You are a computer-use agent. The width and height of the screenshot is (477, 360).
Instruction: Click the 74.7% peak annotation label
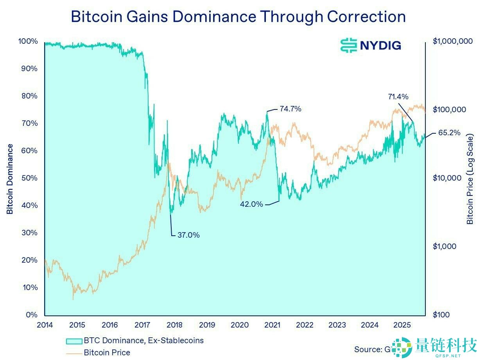(x=290, y=109)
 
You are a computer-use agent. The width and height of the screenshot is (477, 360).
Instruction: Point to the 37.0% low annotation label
(x=188, y=235)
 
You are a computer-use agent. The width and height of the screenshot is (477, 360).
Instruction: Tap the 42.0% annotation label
(x=251, y=204)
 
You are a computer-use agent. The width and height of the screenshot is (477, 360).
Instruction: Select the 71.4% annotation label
(x=398, y=97)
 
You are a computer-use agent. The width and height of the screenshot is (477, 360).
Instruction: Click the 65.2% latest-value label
(x=449, y=133)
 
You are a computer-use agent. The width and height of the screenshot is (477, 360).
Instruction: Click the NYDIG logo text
(x=380, y=45)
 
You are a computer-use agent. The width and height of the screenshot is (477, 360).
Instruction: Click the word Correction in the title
(x=366, y=17)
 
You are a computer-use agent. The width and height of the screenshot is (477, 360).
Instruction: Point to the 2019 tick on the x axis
(x=207, y=325)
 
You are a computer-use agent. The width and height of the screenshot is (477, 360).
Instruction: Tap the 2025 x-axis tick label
(x=402, y=325)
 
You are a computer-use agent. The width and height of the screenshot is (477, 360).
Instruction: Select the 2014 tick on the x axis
(x=45, y=325)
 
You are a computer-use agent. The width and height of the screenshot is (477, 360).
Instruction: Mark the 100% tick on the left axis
(x=28, y=41)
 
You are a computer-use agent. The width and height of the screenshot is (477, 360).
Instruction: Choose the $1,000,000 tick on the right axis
(x=453, y=41)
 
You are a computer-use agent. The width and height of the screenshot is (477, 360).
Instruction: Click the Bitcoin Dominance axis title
(x=10, y=179)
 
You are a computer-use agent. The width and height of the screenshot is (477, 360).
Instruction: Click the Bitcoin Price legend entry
(x=106, y=353)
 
